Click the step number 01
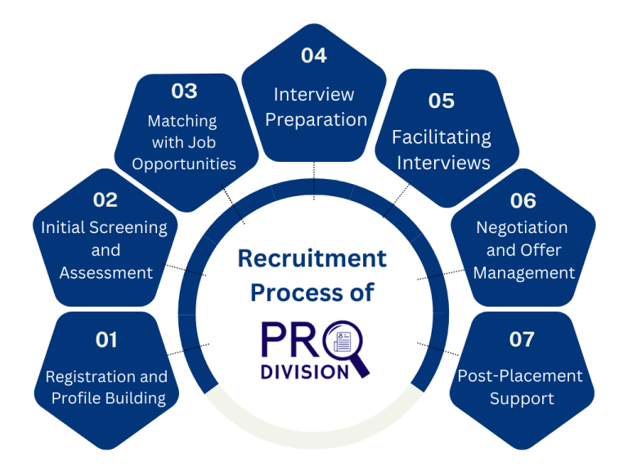click(x=106, y=339)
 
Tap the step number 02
click(x=105, y=200)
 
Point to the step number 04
click(x=314, y=56)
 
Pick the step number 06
click(x=523, y=200)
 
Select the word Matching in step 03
click(x=182, y=121)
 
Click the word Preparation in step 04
click(x=316, y=119)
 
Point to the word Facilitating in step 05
click(x=442, y=137)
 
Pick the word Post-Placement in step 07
click(x=520, y=376)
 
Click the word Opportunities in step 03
click(x=184, y=163)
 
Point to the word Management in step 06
click(x=523, y=272)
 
